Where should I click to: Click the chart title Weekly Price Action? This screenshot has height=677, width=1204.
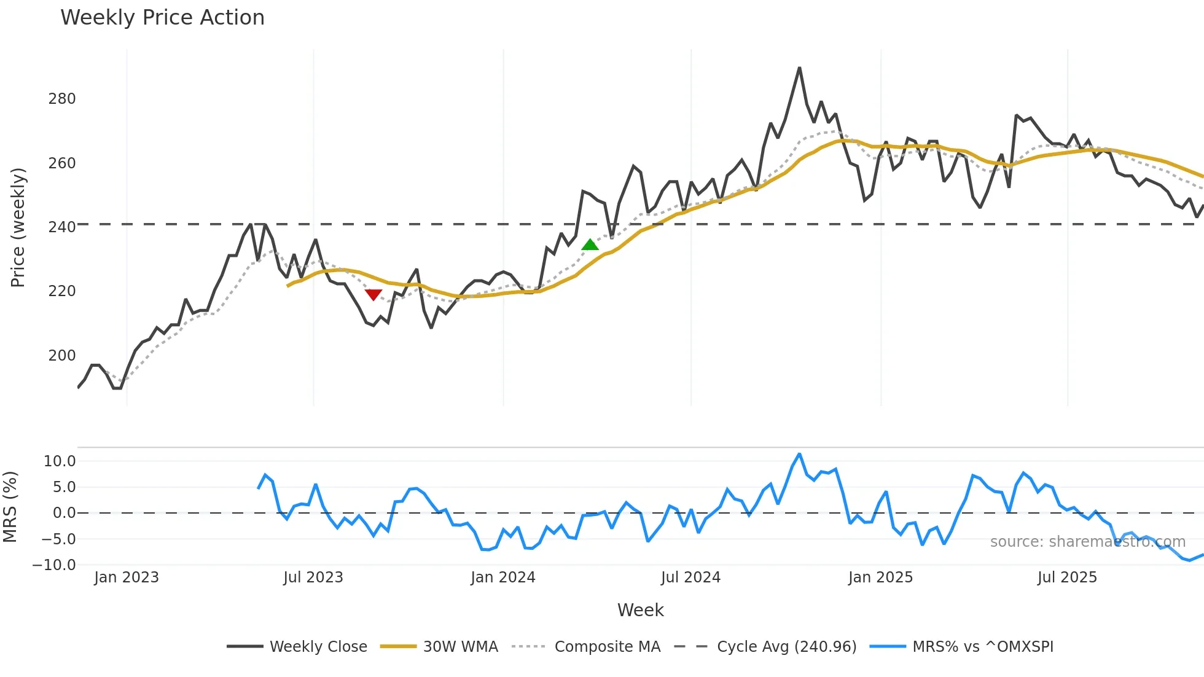[162, 18]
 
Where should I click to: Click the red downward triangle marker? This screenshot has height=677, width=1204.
[373, 295]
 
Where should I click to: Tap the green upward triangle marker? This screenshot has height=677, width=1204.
[590, 245]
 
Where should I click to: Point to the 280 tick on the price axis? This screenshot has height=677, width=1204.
[62, 99]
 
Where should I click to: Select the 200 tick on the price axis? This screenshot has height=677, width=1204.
[62, 356]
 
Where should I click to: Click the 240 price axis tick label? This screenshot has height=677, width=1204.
[62, 227]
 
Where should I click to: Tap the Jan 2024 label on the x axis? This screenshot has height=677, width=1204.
[503, 577]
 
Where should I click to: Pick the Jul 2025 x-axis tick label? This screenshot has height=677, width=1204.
[1067, 577]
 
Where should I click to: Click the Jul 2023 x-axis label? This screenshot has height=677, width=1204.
[313, 577]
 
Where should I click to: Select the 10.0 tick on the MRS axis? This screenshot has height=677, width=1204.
[60, 461]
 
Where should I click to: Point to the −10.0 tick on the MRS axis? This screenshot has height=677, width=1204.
[54, 565]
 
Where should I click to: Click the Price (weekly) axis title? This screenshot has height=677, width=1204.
[18, 227]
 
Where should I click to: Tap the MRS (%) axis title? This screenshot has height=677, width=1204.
[10, 507]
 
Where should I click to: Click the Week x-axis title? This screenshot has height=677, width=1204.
[640, 610]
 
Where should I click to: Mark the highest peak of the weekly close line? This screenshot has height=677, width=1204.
[799, 68]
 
